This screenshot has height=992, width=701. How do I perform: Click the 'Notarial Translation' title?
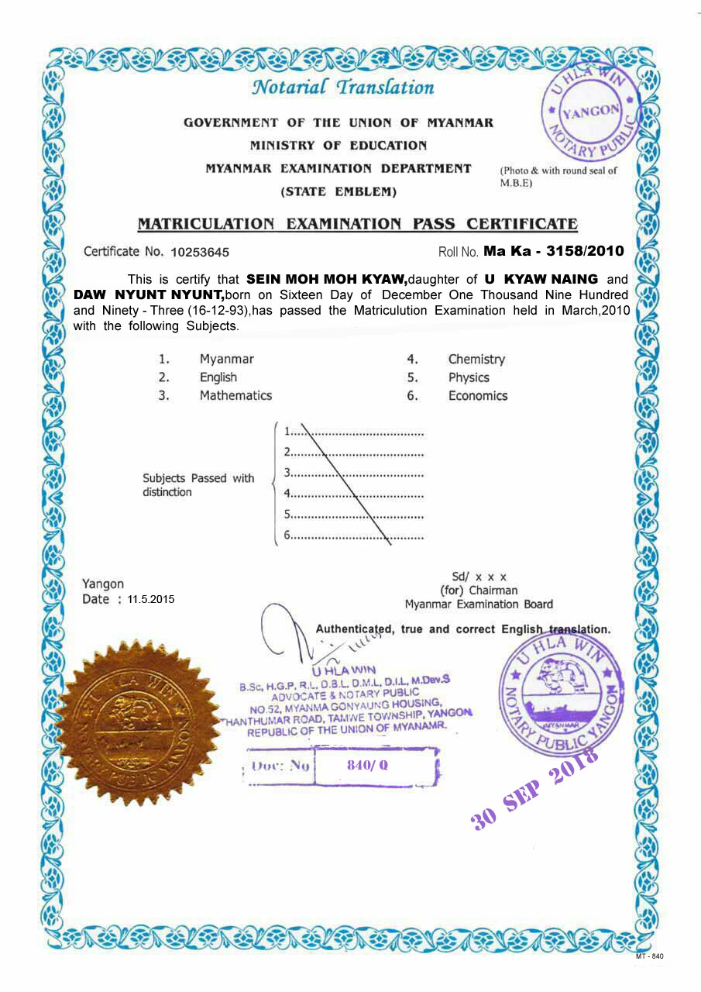342,87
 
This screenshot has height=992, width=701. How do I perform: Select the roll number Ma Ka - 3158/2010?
553,251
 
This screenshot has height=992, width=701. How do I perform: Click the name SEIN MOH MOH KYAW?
326,279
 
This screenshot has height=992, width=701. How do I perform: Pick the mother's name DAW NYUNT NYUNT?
149,294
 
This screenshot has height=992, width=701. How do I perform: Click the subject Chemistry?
476,359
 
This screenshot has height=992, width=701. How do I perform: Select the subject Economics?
477,395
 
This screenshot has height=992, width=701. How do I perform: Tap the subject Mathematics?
235,395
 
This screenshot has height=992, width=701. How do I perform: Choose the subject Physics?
469,377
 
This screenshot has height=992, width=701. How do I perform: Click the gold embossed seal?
130,722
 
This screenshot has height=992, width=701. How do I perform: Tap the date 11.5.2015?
152,599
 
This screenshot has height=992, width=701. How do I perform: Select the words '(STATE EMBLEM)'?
338,191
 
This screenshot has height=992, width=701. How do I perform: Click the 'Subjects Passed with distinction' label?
198,485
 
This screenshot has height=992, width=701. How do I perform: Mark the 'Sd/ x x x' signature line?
479,577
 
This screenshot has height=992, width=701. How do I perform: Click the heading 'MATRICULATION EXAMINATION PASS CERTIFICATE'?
357,224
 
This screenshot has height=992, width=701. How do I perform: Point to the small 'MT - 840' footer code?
649,956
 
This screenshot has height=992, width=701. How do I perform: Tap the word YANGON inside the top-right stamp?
590,111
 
